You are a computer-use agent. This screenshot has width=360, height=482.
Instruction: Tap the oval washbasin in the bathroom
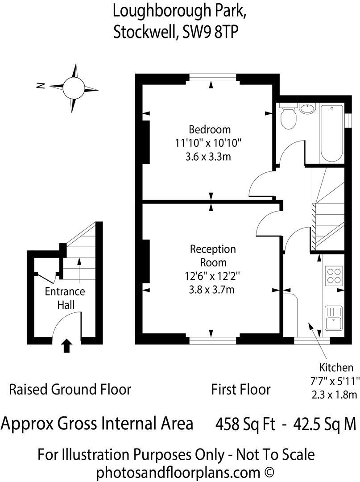(x=307, y=108)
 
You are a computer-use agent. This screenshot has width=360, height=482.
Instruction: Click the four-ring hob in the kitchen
(x=334, y=275)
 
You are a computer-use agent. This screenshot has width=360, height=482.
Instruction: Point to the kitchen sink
(x=333, y=318)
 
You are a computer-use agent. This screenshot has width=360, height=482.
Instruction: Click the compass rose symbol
(x=74, y=87)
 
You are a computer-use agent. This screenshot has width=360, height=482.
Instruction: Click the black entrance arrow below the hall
(x=66, y=346)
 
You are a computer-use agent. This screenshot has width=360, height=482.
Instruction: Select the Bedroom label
(x=210, y=130)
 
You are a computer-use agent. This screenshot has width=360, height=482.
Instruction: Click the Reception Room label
(x=213, y=256)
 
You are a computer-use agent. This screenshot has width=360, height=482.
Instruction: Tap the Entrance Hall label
(x=65, y=298)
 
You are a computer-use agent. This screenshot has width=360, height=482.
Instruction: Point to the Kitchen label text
(x=336, y=368)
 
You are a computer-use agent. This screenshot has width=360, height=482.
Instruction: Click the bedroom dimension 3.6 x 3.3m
(x=210, y=157)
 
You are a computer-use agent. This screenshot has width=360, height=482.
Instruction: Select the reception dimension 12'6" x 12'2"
(x=212, y=277)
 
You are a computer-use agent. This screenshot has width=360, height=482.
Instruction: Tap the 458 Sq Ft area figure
(x=245, y=423)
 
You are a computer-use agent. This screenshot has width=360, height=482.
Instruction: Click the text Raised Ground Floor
(x=70, y=389)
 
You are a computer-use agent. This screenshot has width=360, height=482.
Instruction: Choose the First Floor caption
(x=241, y=389)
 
